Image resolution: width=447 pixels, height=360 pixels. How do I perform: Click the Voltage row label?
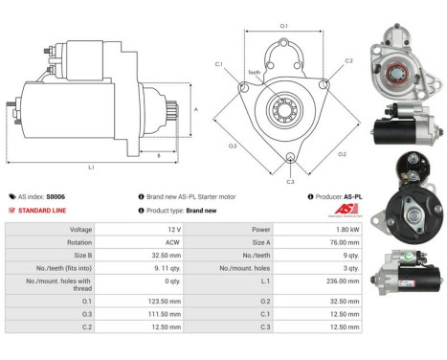[x=80, y=230]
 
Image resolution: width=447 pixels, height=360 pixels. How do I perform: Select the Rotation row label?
[x=80, y=243]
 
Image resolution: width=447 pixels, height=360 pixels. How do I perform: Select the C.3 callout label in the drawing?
[x=291, y=180]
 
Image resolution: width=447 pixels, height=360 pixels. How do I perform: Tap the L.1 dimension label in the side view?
[x=91, y=167]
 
